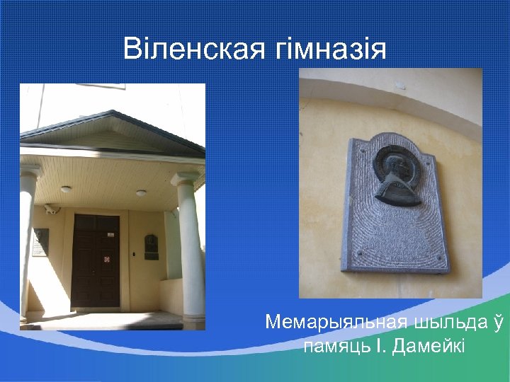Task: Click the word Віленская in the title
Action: [x=193, y=50]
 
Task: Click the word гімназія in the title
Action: [x=329, y=50]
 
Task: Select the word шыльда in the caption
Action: [x=457, y=323]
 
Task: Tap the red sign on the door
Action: [x=107, y=259]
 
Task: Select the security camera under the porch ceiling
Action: [x=50, y=209]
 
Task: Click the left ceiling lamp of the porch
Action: [x=66, y=189]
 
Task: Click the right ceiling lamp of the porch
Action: [x=141, y=192]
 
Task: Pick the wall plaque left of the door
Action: [x=40, y=243]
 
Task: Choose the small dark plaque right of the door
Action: [x=151, y=247]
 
